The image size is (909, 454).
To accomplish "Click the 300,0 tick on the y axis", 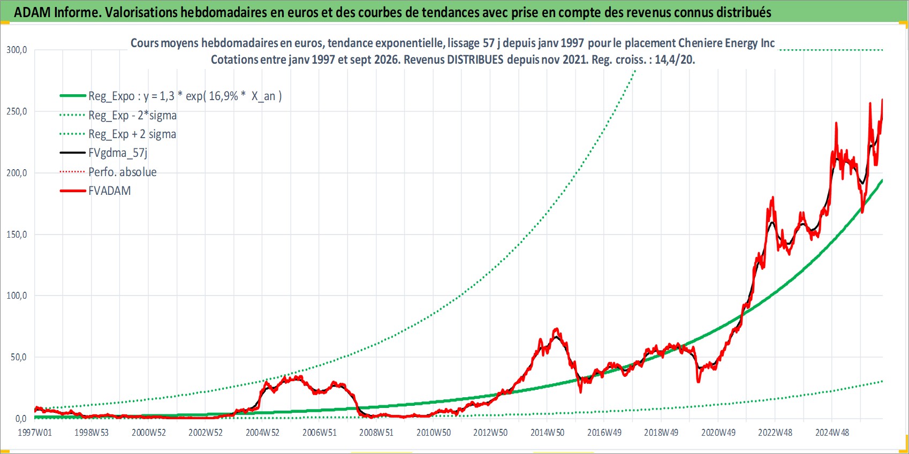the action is click(x=16, y=50).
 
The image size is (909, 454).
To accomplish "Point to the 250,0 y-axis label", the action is click(x=16, y=111).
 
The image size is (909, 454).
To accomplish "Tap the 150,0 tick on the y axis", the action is click(x=16, y=234).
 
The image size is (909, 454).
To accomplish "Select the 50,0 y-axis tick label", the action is click(x=18, y=357).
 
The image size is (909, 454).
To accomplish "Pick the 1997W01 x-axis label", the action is click(x=35, y=433).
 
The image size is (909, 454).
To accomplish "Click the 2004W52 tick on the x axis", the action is click(x=262, y=433).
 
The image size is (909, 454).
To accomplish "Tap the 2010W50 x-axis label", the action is click(x=434, y=433).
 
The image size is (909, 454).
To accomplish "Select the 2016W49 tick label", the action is click(x=604, y=433).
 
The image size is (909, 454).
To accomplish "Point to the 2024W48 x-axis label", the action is click(x=832, y=433).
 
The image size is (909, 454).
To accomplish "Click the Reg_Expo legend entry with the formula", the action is click(x=171, y=96).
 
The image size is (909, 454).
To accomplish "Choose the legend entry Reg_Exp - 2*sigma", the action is click(x=118, y=116).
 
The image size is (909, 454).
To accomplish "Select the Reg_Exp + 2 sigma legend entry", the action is click(x=118, y=134).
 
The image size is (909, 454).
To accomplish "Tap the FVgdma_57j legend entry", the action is click(x=103, y=153).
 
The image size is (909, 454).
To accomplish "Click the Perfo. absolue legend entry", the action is click(x=108, y=172).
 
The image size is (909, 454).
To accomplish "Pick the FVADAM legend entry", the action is click(x=95, y=191).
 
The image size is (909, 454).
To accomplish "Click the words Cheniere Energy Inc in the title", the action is click(x=726, y=43).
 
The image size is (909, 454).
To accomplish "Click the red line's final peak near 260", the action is click(x=882, y=100).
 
